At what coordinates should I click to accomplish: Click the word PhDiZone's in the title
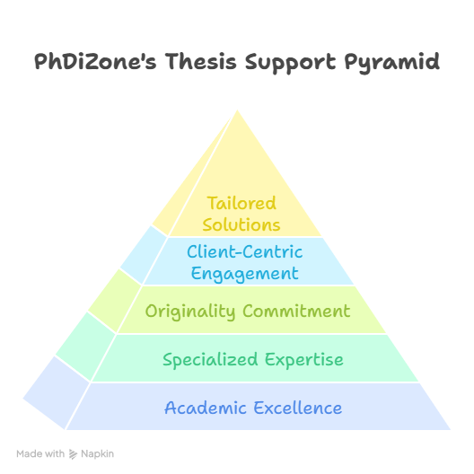coord(95,62)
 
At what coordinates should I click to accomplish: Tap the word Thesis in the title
coord(201,61)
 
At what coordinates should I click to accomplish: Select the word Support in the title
coord(290,63)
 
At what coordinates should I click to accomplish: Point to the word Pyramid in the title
coord(391,63)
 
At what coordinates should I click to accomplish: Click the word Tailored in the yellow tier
coord(241,203)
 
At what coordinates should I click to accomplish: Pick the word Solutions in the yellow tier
coord(241,224)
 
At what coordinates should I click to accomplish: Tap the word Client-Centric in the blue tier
coord(244,251)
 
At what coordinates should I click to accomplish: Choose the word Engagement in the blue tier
coord(244,274)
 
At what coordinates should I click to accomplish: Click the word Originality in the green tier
coord(190,312)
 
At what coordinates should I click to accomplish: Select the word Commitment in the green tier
coord(296,311)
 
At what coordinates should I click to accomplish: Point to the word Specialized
coord(210,360)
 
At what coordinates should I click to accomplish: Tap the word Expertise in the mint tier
coord(304,360)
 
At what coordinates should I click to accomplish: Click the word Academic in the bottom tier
coord(206,408)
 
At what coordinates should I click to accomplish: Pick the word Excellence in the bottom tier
coord(298,408)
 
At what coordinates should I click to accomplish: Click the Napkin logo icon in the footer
coord(73,454)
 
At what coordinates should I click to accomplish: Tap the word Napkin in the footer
coord(97,454)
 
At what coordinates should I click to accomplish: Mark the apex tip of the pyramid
coord(237,110)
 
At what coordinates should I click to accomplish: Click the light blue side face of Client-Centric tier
coord(144,255)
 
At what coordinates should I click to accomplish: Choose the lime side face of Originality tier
coord(115,301)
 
